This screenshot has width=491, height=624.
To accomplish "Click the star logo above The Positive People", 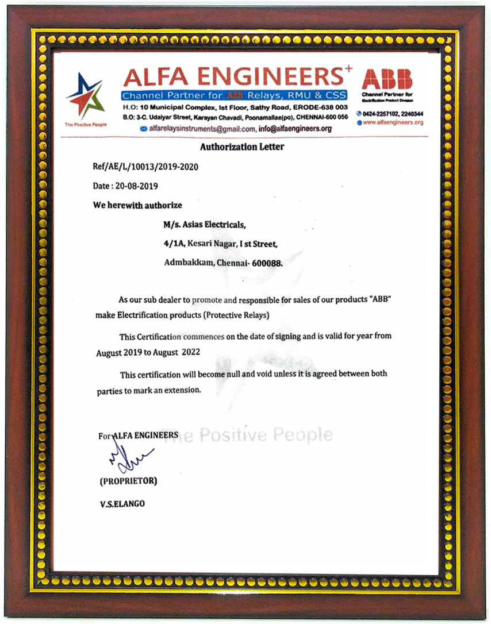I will (85, 97).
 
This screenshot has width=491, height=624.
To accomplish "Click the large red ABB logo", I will (387, 79).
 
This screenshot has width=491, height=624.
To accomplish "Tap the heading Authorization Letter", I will (242, 147).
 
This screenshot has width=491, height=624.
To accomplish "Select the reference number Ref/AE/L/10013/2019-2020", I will (145, 167).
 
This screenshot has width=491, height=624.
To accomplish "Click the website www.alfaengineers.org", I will (393, 122).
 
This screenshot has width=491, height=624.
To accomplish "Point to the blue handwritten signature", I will (128, 459).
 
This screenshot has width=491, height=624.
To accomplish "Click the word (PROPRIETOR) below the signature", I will (128, 480).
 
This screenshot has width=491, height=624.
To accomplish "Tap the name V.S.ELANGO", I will (122, 503).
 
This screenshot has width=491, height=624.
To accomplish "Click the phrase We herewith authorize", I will (137, 205).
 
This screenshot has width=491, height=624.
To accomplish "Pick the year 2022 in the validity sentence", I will (191, 352).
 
